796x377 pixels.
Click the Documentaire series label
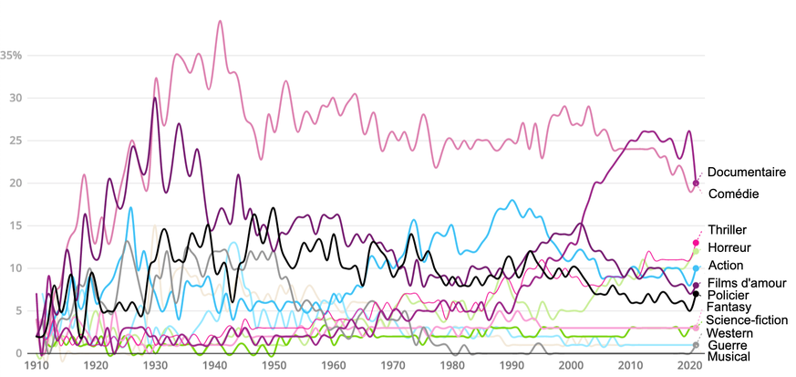pyautogui.click(x=746, y=172)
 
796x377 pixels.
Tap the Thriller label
pyautogui.click(x=727, y=230)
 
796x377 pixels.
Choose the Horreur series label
pyautogui.click(x=729, y=247)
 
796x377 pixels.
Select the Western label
pyautogui.click(x=729, y=333)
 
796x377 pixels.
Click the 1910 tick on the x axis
pyautogui.click(x=37, y=365)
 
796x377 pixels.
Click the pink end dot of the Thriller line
pyautogui.click(x=696, y=242)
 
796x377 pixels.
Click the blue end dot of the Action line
pyautogui.click(x=696, y=268)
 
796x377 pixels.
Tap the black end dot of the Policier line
pyautogui.click(x=696, y=294)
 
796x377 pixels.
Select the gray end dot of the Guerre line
pyautogui.click(x=696, y=345)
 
